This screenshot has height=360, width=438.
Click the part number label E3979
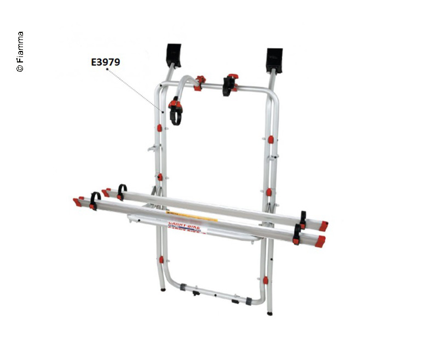click(x=105, y=62)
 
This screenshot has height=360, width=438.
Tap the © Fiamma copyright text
click(x=20, y=52)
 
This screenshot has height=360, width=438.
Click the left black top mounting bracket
click(x=174, y=54)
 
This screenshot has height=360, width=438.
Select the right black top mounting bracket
click(x=274, y=60)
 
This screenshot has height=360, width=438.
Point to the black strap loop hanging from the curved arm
click(x=175, y=115)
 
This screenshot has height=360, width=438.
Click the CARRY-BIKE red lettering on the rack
click(x=184, y=224)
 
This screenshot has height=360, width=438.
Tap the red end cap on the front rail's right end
click(x=320, y=241)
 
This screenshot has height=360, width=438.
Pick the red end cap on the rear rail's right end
click(x=324, y=226)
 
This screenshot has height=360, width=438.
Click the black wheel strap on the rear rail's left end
click(x=122, y=191)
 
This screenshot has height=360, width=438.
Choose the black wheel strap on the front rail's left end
click(x=95, y=201)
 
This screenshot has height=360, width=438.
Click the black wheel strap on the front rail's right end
click(x=297, y=235)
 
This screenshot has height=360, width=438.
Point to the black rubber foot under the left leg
click(x=163, y=289)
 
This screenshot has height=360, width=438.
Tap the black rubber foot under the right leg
click(x=269, y=313)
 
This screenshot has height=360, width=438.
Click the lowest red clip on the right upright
click(x=266, y=280)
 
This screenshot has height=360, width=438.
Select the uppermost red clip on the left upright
click(x=159, y=128)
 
